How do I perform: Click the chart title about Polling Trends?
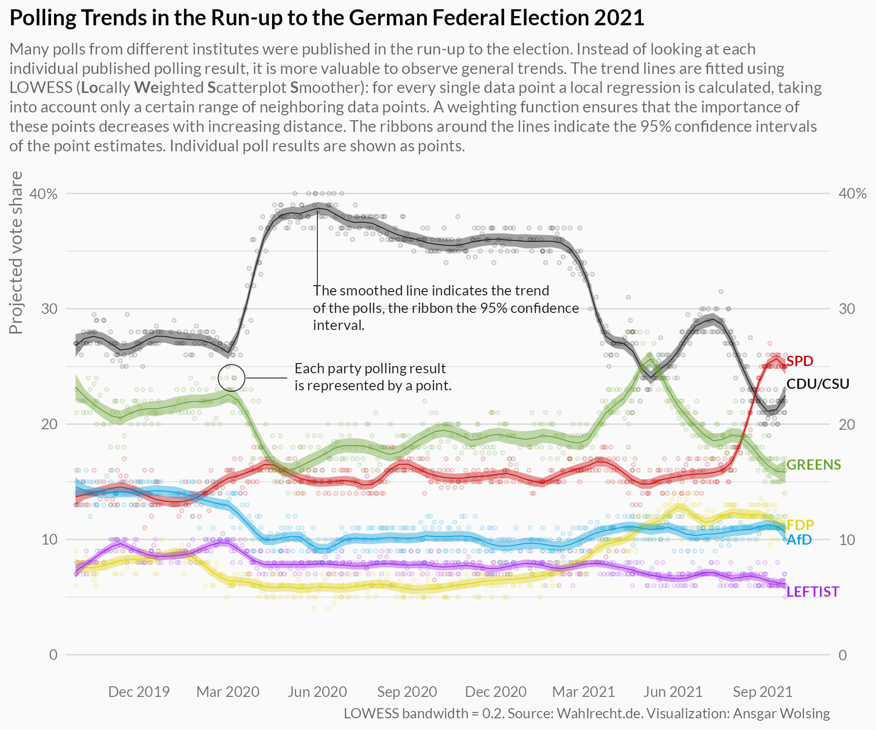click(x=327, y=18)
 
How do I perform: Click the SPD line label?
click(x=800, y=361)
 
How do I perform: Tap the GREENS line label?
click(x=813, y=465)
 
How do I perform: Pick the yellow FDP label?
click(x=800, y=525)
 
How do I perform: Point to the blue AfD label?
click(x=799, y=540)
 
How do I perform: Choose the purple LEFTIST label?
click(x=813, y=592)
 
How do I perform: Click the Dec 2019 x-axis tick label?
click(x=139, y=692)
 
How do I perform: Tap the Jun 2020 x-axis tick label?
click(x=317, y=692)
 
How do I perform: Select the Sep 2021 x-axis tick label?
click(x=763, y=692)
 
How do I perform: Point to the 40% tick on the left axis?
click(x=44, y=194)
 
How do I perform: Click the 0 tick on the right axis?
click(x=842, y=655)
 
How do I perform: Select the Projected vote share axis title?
click(x=17, y=253)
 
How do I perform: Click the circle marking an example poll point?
click(x=231, y=378)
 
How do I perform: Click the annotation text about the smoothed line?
click(x=445, y=308)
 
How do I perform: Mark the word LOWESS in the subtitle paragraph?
click(x=41, y=88)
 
